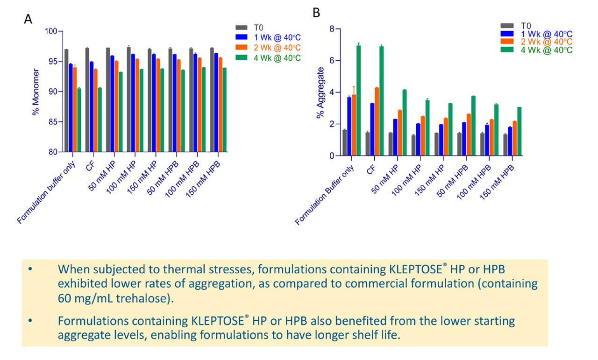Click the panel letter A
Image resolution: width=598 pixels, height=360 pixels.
point(28,19)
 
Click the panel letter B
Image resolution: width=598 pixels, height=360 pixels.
point(316,13)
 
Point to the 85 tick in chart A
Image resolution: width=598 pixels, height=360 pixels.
point(51,122)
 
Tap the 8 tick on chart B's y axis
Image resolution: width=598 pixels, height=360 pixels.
point(331,29)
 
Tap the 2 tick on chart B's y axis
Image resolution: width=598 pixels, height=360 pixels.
point(331,124)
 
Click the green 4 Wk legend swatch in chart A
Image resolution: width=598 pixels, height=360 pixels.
point(241,57)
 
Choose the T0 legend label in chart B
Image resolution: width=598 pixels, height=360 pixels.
point(526,26)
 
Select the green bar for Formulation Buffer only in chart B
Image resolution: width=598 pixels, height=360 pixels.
point(358,100)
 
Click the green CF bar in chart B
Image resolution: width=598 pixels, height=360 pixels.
point(381,101)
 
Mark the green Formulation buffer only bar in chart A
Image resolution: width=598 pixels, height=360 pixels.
point(79,120)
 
